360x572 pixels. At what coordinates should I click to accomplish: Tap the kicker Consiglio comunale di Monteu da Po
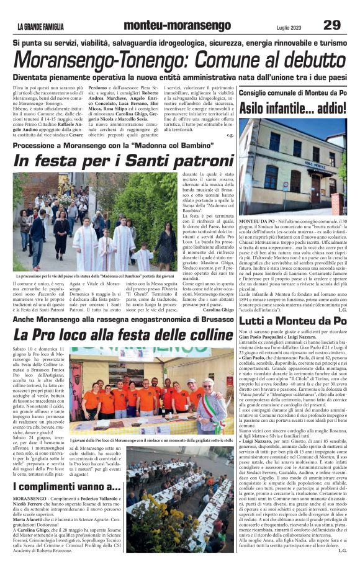click(x=292, y=92)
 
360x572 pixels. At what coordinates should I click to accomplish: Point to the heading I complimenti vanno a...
click(x=66, y=487)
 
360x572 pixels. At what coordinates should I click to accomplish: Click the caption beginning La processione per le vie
click(x=94, y=275)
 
